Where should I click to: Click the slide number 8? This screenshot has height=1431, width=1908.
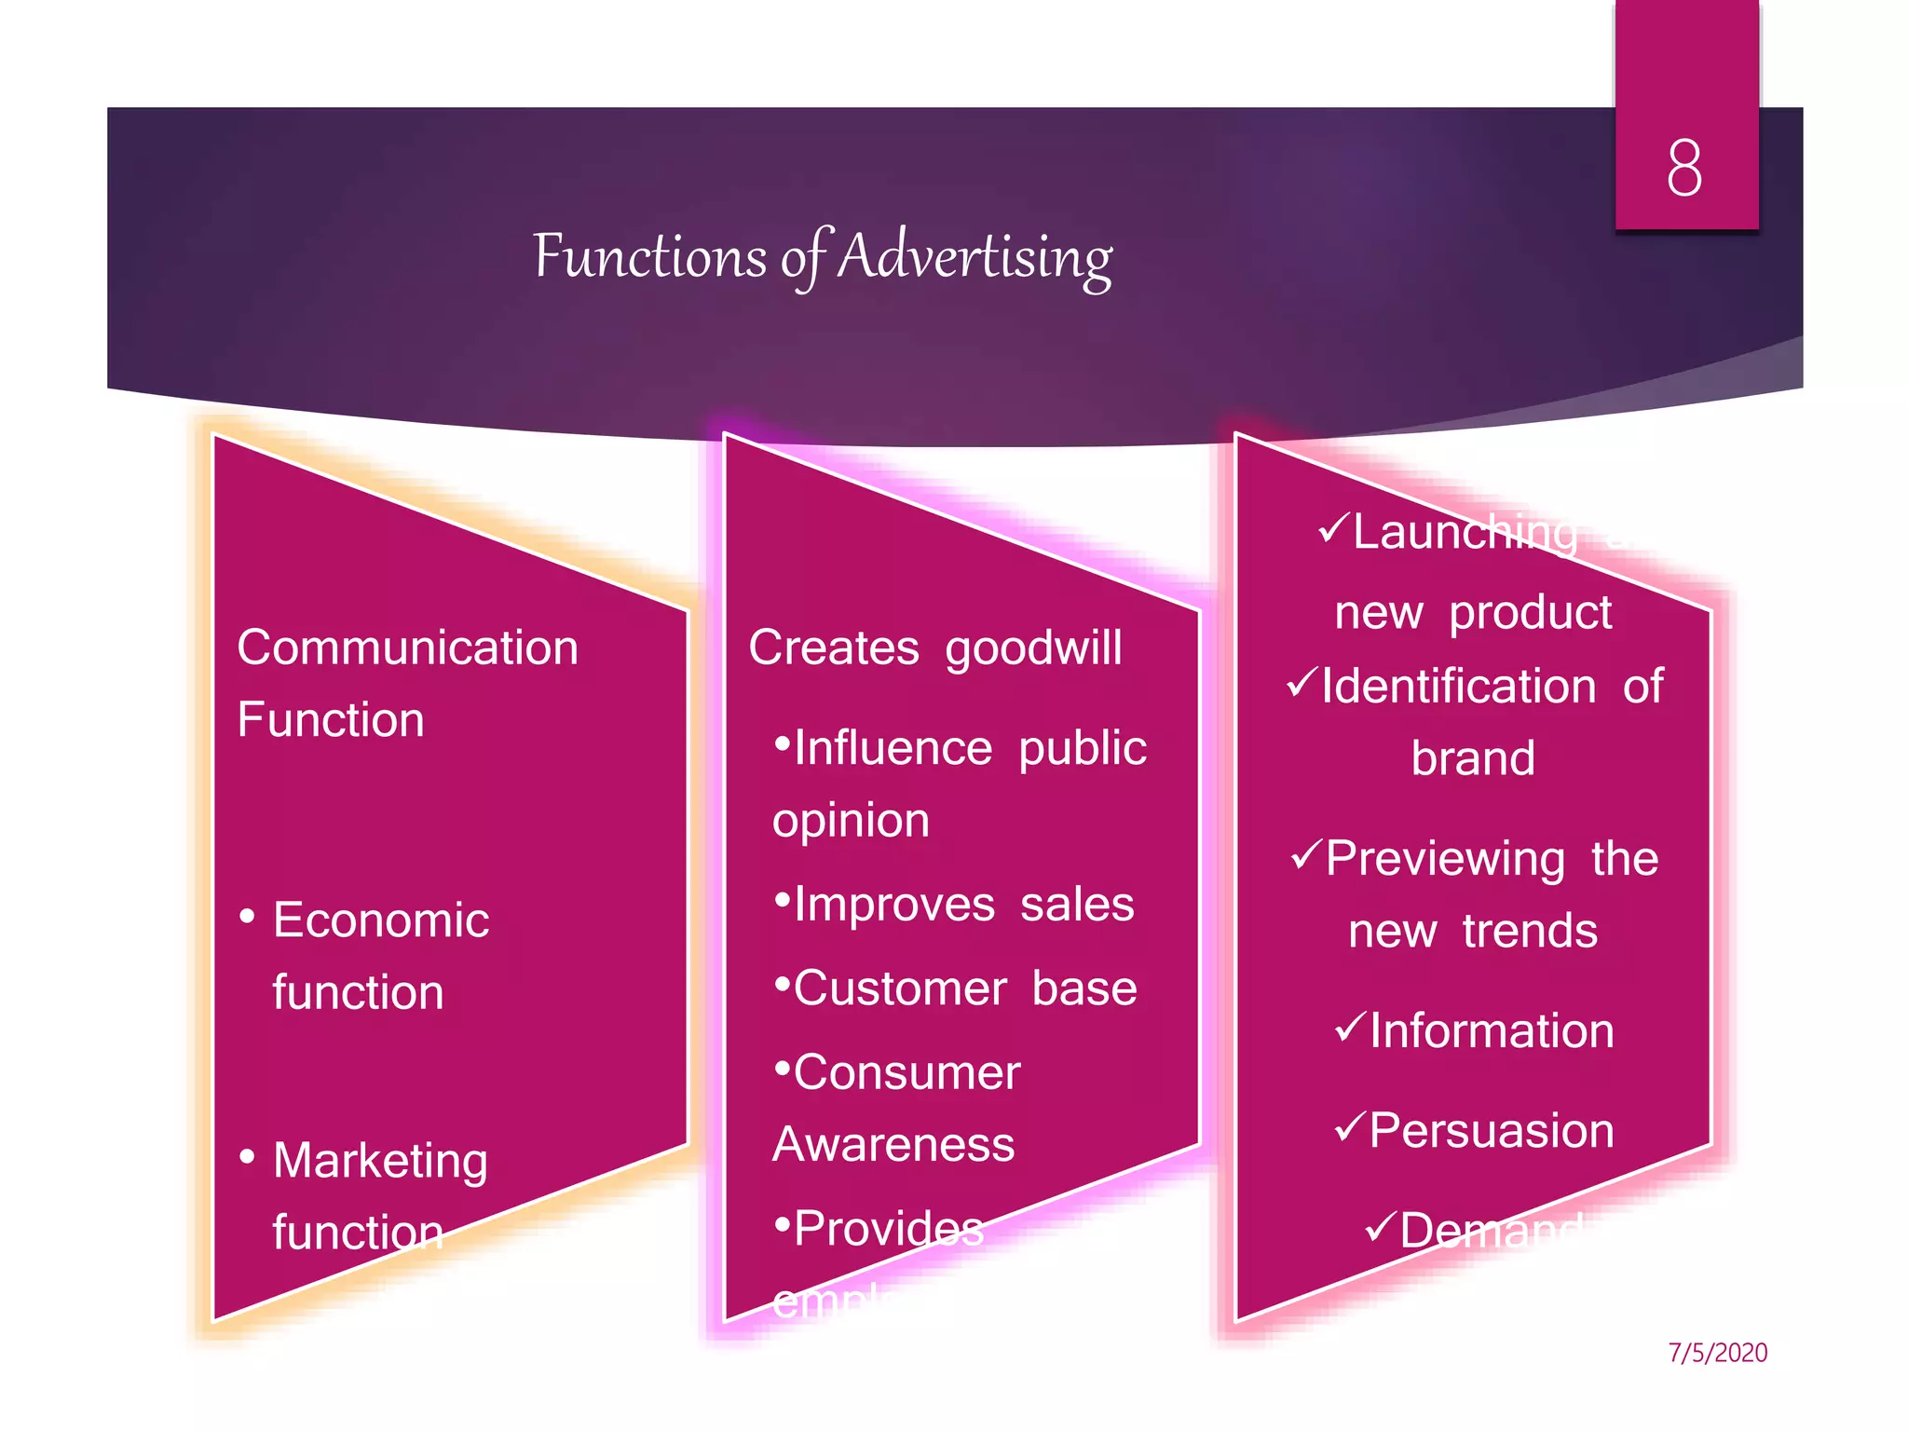(1684, 169)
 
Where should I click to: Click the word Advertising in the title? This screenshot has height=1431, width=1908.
(975, 257)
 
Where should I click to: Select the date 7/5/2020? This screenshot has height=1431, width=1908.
(1717, 1353)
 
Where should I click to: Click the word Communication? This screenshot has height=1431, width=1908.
(407, 647)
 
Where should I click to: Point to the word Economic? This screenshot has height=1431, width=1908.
(380, 920)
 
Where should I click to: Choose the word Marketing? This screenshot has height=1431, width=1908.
(380, 1161)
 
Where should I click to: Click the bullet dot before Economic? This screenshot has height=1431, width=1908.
(247, 918)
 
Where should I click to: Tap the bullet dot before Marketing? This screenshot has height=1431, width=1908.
(247, 1158)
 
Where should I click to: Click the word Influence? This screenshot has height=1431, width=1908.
(893, 748)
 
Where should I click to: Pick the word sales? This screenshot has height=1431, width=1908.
(1077, 905)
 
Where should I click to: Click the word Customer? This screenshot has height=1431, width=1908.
(900, 988)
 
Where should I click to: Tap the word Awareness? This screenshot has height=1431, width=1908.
(893, 1145)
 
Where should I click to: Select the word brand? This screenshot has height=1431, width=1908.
(1473, 758)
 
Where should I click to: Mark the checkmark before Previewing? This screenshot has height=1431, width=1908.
(1306, 853)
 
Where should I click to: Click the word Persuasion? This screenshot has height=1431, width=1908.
(1491, 1131)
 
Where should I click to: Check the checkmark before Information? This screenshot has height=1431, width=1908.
(1350, 1027)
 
